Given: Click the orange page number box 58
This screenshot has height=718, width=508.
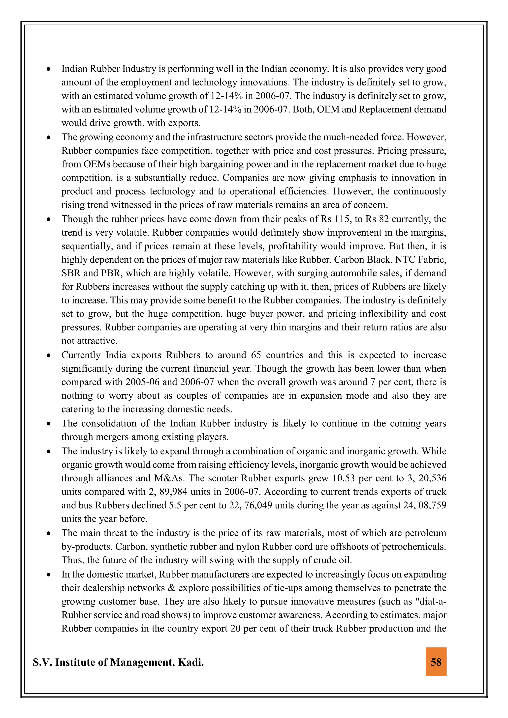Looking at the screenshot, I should pos(436,662).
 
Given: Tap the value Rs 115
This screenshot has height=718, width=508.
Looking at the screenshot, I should pos(337,219).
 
